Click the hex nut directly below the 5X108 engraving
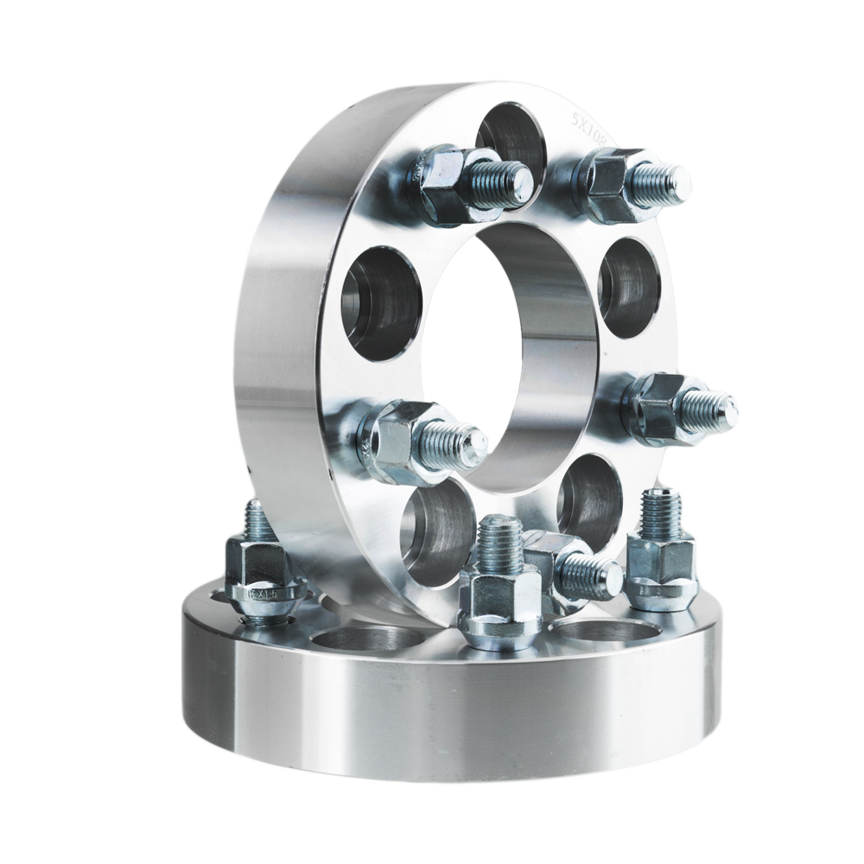point(608,183)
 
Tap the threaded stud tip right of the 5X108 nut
point(668,184)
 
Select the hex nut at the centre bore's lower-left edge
point(393,439)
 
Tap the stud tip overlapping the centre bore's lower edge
point(458,445)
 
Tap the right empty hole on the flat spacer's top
point(605,628)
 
